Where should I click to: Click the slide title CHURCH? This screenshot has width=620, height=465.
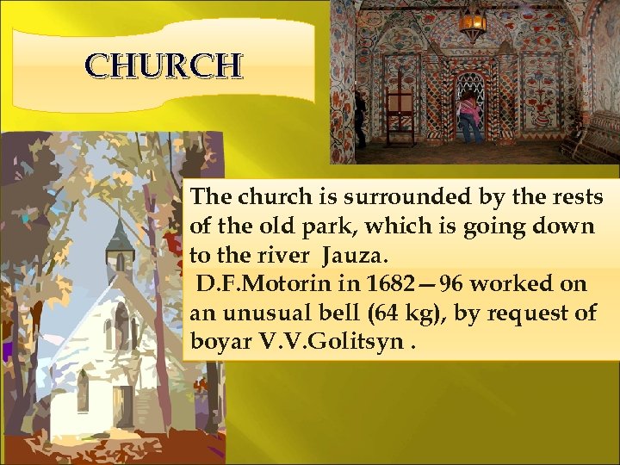(x=164, y=65)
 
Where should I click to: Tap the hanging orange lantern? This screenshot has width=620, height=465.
(x=472, y=24)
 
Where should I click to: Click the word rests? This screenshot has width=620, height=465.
(x=578, y=198)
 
